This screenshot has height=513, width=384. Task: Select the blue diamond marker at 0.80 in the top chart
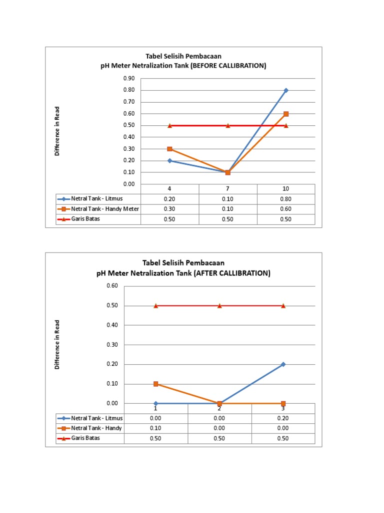point(286,90)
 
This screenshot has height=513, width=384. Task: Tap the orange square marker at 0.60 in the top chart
point(286,114)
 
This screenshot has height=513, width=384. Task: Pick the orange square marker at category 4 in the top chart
point(170,149)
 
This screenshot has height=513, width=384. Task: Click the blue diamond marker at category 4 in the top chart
point(170,161)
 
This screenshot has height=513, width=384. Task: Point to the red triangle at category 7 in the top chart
point(228,126)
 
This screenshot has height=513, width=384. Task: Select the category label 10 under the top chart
point(286,189)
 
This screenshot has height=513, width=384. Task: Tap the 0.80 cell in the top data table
point(286,198)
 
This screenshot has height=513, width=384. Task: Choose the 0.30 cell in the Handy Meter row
point(170,209)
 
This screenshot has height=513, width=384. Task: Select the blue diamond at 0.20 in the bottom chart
point(283,364)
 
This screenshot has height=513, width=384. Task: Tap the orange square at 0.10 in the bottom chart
point(156,384)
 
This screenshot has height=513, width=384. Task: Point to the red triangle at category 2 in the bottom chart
point(219,306)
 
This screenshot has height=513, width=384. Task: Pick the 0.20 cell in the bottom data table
point(283,418)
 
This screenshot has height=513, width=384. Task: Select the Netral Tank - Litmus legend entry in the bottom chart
point(96,418)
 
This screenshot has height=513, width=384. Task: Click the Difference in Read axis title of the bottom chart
point(57,345)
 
